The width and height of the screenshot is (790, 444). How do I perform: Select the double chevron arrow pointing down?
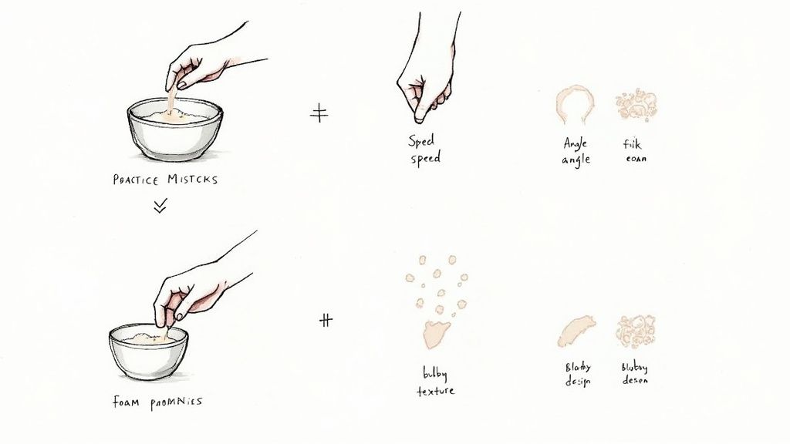click(x=160, y=206)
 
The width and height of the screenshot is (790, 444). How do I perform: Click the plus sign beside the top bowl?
click(x=319, y=114)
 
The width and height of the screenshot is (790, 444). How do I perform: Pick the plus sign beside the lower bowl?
click(x=326, y=320)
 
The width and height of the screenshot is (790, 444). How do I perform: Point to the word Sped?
click(x=421, y=141)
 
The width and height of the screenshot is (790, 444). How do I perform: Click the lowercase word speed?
click(x=425, y=158)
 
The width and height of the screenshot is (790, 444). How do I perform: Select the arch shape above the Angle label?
click(x=575, y=104)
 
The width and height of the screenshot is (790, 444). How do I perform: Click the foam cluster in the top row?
click(x=636, y=105)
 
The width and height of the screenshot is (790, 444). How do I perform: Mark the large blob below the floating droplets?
click(x=436, y=334)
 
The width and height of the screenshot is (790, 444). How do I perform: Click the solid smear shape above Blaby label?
click(x=576, y=331)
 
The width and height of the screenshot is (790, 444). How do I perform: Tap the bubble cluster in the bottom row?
click(x=636, y=331)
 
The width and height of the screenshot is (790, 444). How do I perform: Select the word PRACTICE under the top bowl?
click(x=136, y=180)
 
